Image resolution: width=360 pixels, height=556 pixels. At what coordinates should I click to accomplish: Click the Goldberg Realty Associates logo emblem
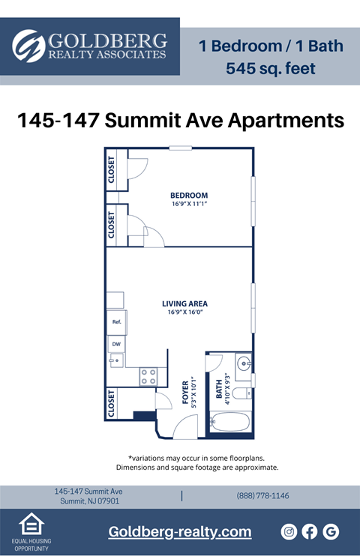tap(29, 46)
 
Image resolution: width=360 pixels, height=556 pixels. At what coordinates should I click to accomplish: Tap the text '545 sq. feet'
tap(271, 70)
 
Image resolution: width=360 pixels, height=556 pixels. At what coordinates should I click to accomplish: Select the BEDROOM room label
tap(188, 196)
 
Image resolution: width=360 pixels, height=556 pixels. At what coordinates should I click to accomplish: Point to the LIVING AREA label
tap(184, 303)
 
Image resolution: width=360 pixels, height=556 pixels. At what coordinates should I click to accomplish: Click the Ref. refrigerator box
tap(117, 322)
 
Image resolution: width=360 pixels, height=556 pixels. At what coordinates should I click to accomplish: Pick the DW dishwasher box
tap(116, 345)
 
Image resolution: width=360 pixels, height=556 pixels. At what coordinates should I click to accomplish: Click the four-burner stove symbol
tap(148, 376)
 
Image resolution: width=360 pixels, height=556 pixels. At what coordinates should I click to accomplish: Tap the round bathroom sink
tap(244, 366)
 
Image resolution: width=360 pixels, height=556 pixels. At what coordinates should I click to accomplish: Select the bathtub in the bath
tap(230, 423)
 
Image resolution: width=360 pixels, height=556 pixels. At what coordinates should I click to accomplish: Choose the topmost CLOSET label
tap(112, 170)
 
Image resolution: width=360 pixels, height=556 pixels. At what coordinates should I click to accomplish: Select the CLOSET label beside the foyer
tap(111, 403)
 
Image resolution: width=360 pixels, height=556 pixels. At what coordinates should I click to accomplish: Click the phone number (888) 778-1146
tap(262, 496)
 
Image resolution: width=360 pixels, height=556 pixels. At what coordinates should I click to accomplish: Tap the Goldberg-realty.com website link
tap(180, 532)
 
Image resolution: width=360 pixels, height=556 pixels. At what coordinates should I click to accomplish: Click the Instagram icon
tap(289, 531)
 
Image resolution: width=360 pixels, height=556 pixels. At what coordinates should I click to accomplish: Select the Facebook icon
tap(310, 531)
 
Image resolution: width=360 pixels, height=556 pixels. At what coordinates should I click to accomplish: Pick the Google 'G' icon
tap(331, 531)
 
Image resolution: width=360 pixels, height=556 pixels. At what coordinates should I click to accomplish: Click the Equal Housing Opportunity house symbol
tap(31, 525)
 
